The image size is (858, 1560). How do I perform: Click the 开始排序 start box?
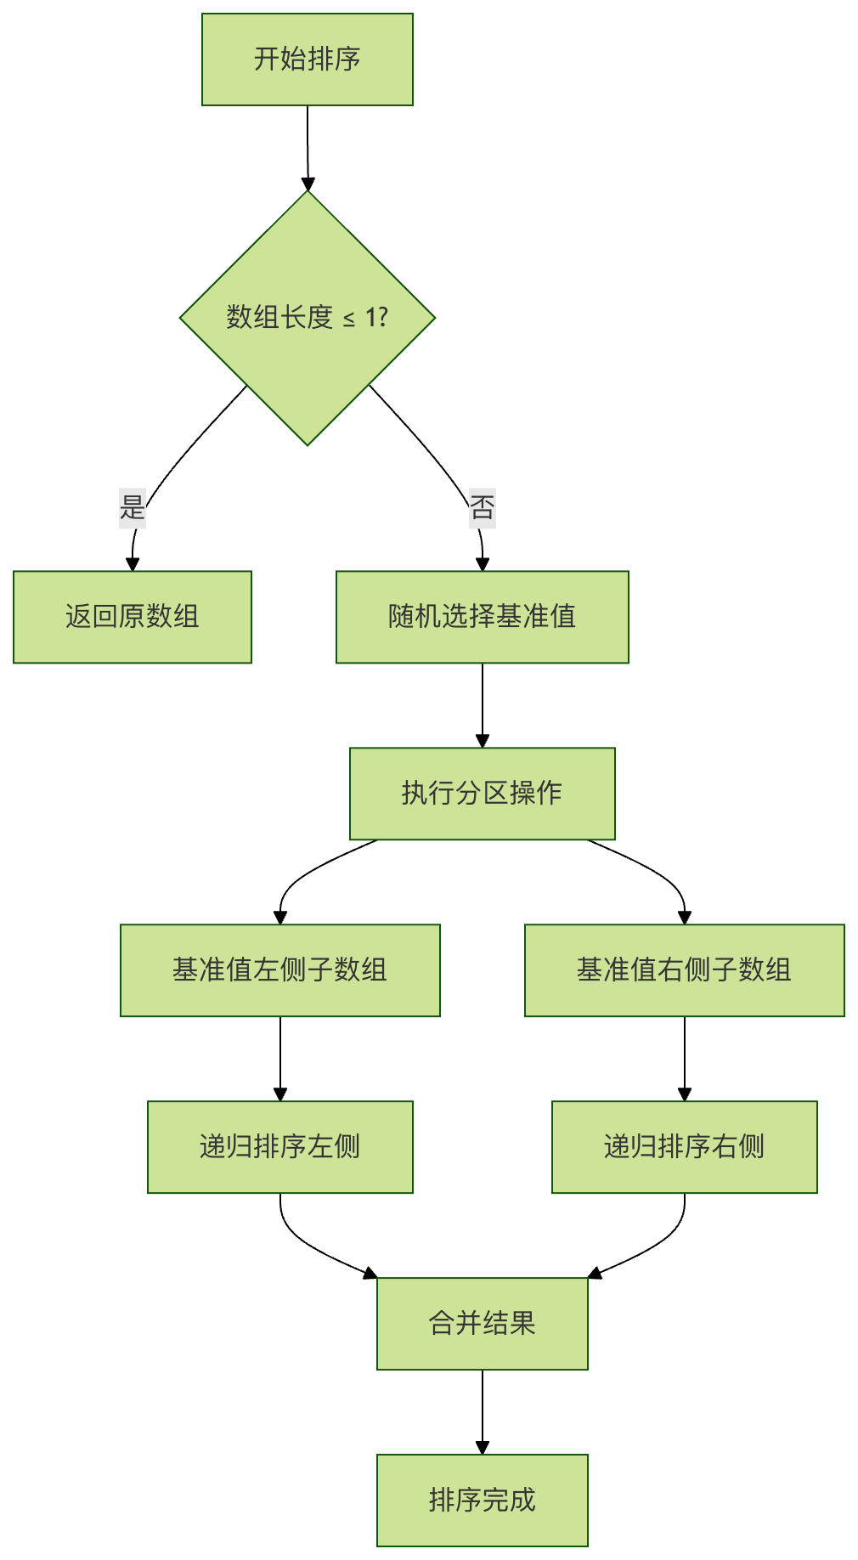point(307,59)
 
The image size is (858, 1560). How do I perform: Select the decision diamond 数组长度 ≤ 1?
point(307,318)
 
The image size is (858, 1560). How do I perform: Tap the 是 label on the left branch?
point(133,507)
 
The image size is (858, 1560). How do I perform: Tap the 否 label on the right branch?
point(482,507)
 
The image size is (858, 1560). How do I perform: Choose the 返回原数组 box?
point(133,617)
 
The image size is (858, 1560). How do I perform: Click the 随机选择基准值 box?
point(482,617)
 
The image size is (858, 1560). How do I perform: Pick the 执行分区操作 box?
point(482,794)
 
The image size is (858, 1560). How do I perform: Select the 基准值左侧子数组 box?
point(279,970)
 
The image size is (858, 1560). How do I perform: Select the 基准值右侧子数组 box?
point(684,970)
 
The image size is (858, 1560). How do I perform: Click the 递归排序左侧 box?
point(279,1147)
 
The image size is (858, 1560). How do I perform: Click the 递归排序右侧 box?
point(684,1147)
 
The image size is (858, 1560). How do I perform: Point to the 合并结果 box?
point(482,1324)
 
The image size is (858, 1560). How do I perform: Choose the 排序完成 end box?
point(482,1501)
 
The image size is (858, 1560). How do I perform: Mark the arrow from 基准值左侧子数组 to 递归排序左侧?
point(280,1058)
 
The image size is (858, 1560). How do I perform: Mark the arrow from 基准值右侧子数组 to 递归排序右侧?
point(685,1058)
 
